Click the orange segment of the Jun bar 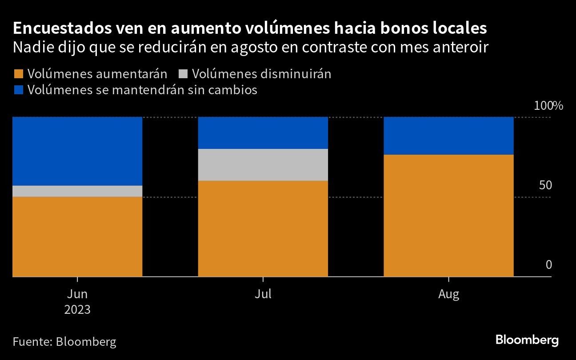point(77,236)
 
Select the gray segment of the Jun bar point(77,191)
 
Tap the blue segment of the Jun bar point(77,151)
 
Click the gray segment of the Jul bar point(263,165)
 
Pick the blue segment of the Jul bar point(263,133)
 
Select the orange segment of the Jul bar point(263,228)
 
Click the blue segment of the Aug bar point(448,136)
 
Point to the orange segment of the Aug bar point(448,216)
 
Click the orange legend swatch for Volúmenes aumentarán point(18,74)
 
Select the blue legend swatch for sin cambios point(18,90)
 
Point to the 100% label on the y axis point(548,106)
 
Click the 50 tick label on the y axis point(545,185)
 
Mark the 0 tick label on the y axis point(548,265)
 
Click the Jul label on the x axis point(263,294)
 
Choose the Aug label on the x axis point(448,294)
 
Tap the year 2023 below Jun point(77,309)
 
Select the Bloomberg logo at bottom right point(527,340)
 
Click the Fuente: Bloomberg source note point(64,342)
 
